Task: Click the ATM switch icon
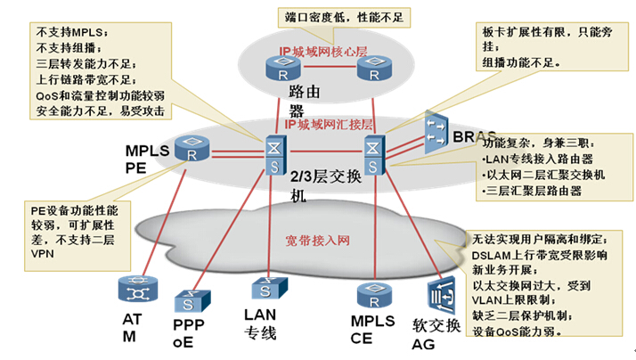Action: (136, 291)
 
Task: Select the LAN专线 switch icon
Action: (265, 288)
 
